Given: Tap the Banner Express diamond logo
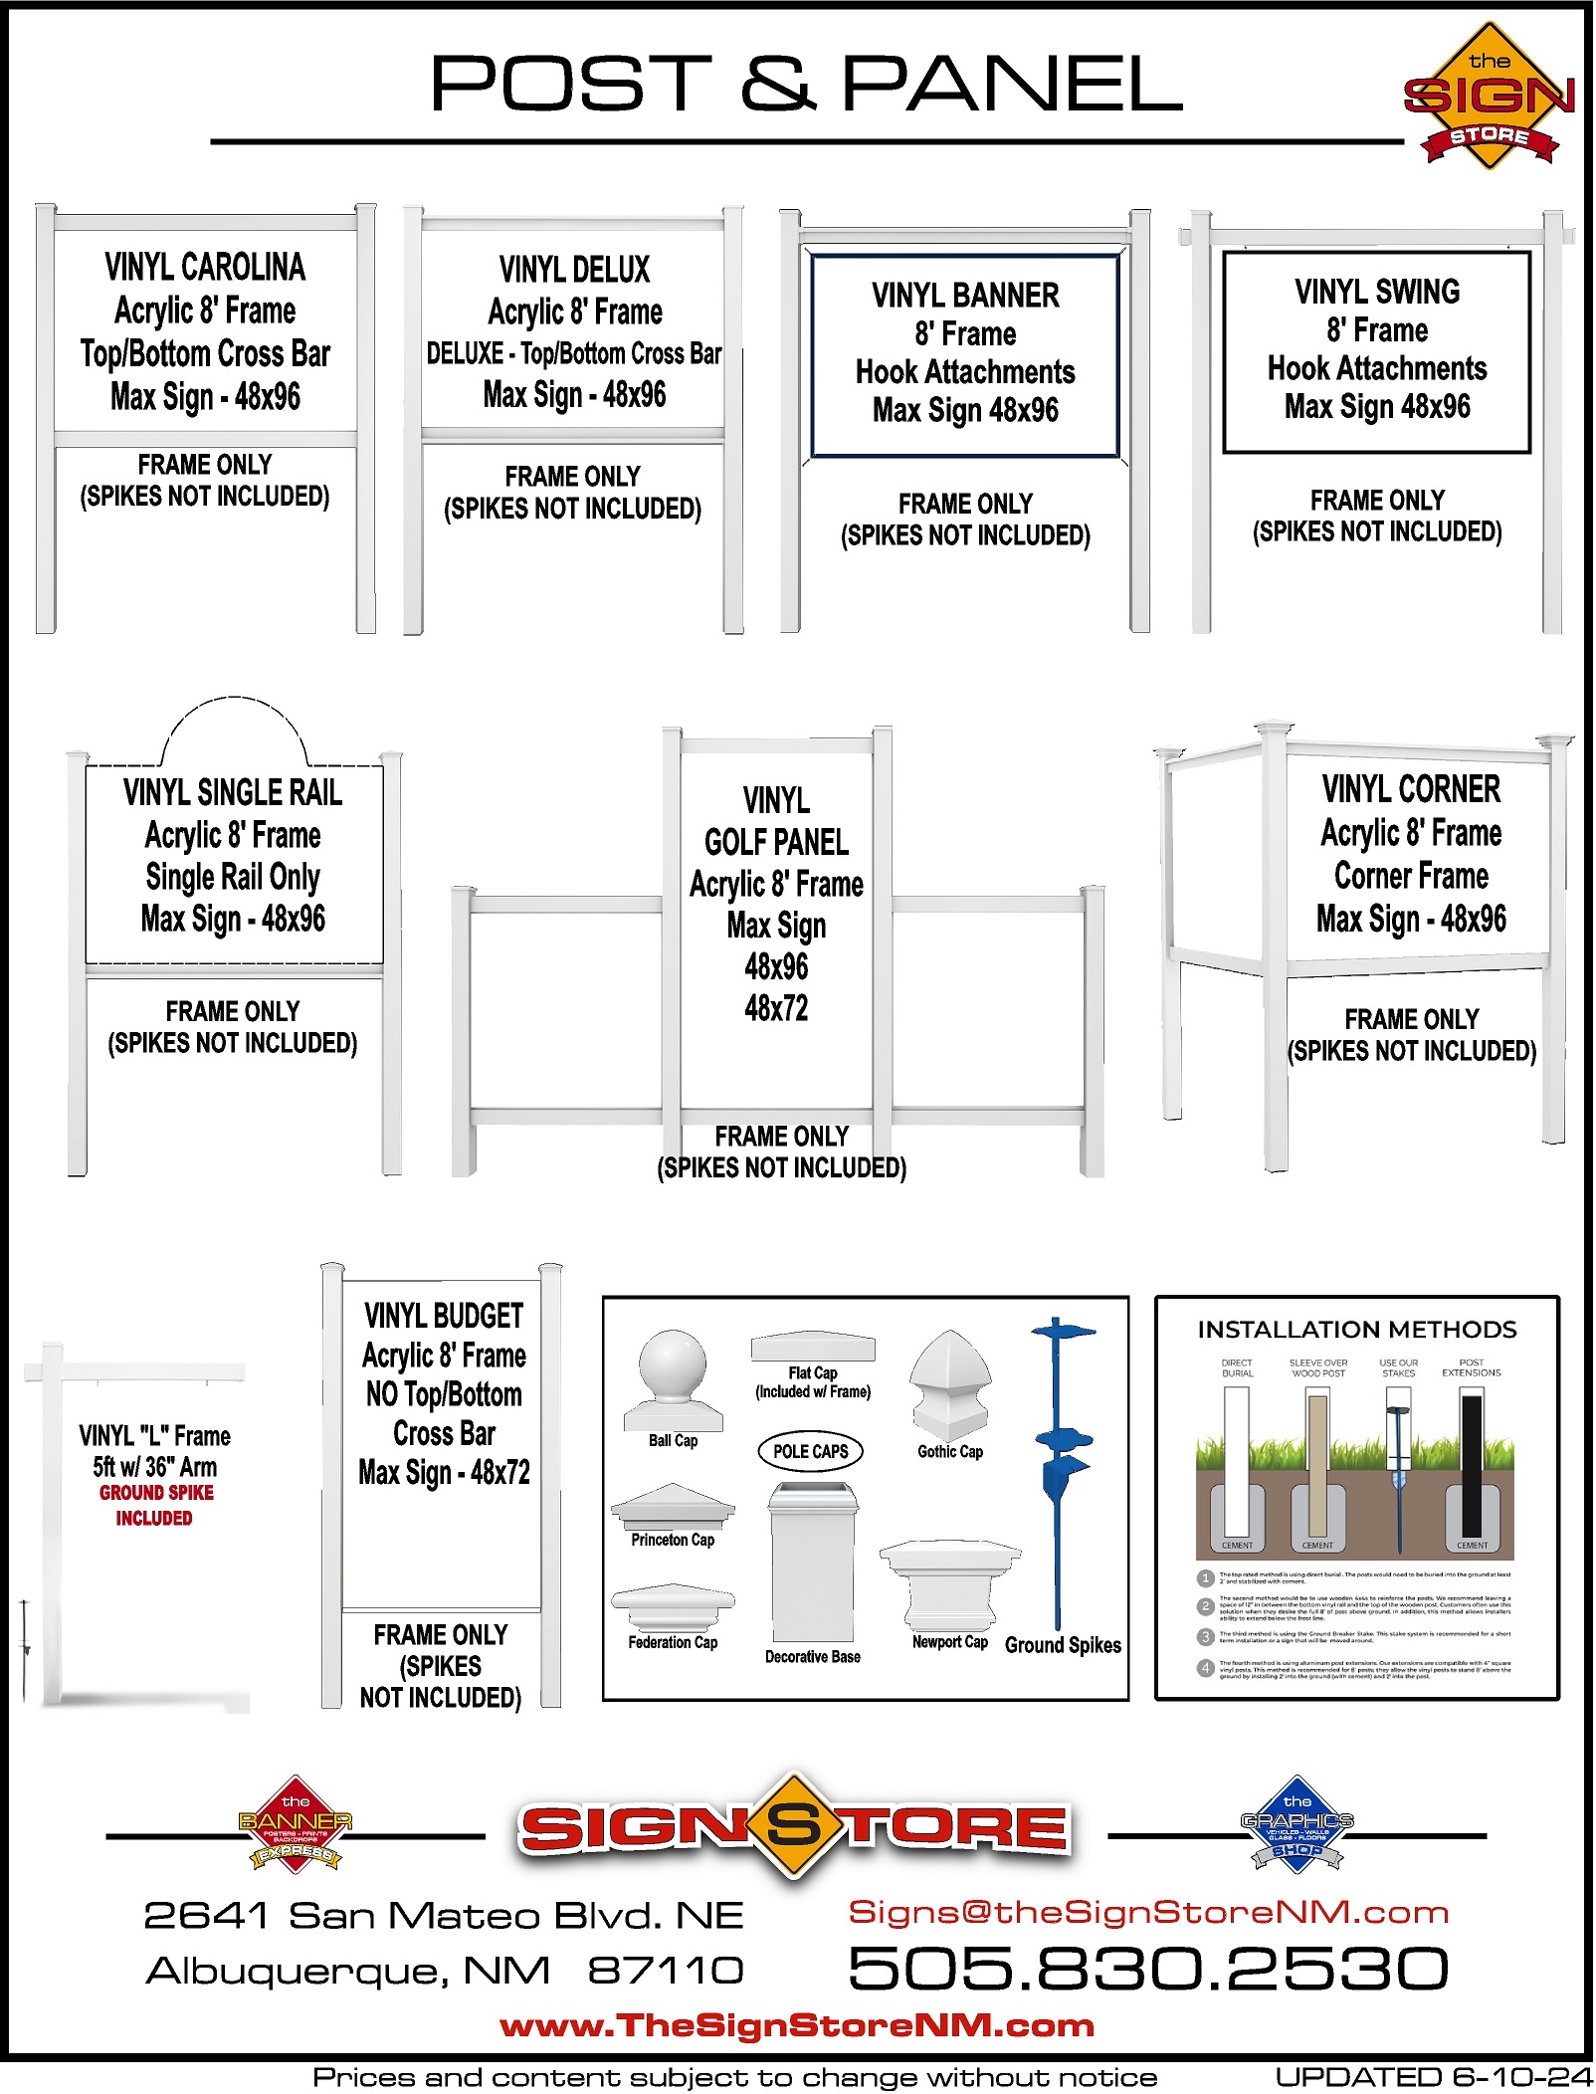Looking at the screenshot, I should pyautogui.click(x=296, y=1825).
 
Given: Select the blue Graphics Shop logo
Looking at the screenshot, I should pyautogui.click(x=1297, y=1825).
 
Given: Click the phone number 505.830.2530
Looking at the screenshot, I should pyautogui.click(x=1147, y=1969).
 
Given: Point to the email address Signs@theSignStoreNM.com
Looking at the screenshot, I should pyautogui.click(x=1147, y=1912).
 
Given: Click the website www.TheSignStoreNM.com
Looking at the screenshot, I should pyautogui.click(x=796, y=2025).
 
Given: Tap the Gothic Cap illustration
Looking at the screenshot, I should pyautogui.click(x=950, y=1384).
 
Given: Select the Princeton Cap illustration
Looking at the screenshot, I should pyautogui.click(x=673, y=1507).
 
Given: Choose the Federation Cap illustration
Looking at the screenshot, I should pyautogui.click(x=673, y=1608).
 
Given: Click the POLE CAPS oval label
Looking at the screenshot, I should pyautogui.click(x=811, y=1451).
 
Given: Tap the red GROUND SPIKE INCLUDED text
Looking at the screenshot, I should pyautogui.click(x=155, y=1505).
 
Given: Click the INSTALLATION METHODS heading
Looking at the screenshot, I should pyautogui.click(x=1356, y=1330).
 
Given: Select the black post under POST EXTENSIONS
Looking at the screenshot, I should pyautogui.click(x=1472, y=1463).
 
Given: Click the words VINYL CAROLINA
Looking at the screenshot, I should pyautogui.click(x=205, y=267).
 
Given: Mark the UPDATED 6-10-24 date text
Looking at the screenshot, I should pyautogui.click(x=1433, y=2077).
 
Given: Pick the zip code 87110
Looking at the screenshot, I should pyautogui.click(x=666, y=1970).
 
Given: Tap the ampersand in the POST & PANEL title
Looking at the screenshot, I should pyautogui.click(x=778, y=84).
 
